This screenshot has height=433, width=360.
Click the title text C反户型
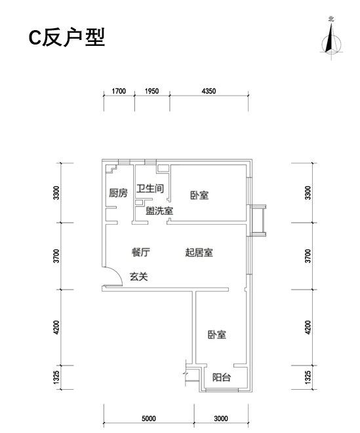pos(67,37)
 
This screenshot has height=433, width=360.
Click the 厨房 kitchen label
pos(118,193)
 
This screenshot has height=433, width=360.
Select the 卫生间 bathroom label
pos(150,189)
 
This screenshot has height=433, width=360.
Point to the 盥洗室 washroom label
pos(159,211)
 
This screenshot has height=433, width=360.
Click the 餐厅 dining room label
pos(141,252)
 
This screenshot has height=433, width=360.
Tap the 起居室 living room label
pos(199,252)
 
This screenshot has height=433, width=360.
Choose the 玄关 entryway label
pos(139,276)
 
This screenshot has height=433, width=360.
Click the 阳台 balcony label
pos(222,377)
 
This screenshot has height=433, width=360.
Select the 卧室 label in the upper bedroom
pos(199,195)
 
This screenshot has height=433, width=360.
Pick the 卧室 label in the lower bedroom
pos(217,335)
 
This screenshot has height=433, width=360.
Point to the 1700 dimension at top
pos(119,91)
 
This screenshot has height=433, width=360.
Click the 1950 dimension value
pos(151,91)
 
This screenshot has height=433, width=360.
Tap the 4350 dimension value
pos(209,91)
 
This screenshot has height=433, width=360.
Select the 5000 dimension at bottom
pos(149,419)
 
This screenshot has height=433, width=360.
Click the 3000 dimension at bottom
pos(221,419)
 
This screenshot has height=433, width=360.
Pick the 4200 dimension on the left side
pos(56,328)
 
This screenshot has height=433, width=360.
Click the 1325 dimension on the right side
pos(308,377)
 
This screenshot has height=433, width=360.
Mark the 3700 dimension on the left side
pos(56,256)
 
